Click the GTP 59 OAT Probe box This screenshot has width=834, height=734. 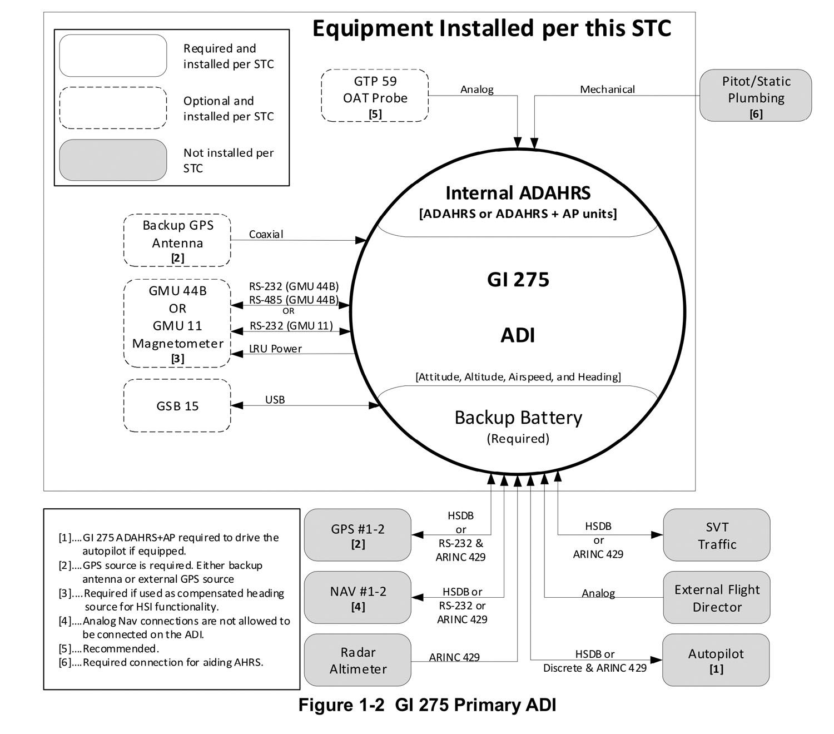[x=374, y=95]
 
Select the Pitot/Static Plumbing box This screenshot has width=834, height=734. [x=756, y=95]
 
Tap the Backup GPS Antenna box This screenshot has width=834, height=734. [x=177, y=240]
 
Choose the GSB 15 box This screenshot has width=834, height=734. [x=177, y=405]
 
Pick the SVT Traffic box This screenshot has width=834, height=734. [x=717, y=535]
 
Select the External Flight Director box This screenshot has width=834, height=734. [x=717, y=597]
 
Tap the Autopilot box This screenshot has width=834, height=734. [x=716, y=660]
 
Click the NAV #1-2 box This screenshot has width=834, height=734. [x=358, y=597]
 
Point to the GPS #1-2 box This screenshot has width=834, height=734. [x=358, y=535]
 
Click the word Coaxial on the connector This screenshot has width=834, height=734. [x=266, y=234]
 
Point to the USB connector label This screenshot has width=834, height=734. [x=275, y=399]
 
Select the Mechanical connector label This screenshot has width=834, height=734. [x=607, y=89]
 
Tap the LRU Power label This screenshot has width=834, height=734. [x=275, y=349]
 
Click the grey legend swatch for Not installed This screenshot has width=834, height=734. [x=113, y=160]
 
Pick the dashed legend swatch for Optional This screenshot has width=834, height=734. [x=113, y=108]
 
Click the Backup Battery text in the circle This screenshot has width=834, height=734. [x=518, y=418]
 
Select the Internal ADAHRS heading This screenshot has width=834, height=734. [x=518, y=192]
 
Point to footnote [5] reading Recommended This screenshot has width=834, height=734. [x=108, y=648]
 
